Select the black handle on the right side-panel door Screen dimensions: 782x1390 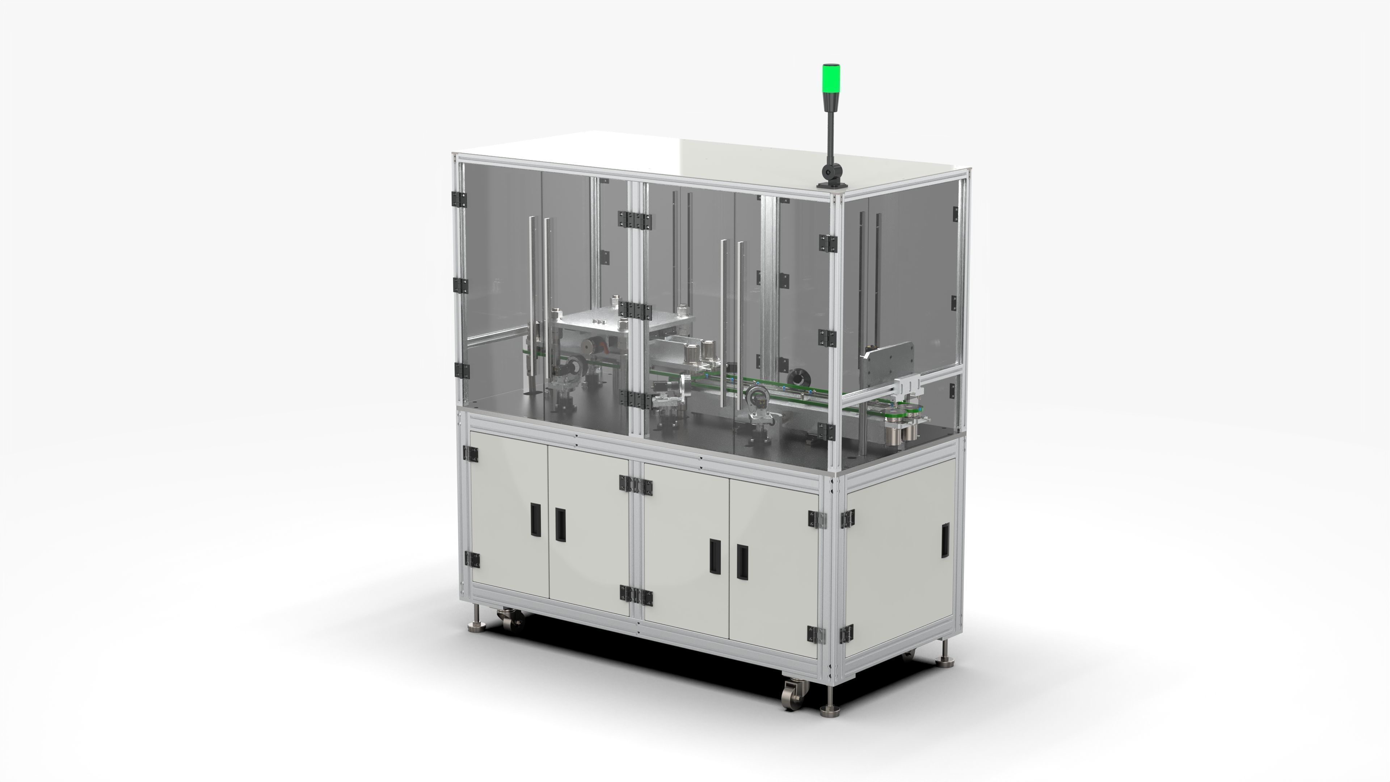[x=945, y=540]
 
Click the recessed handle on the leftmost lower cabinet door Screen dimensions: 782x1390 [x=535, y=520]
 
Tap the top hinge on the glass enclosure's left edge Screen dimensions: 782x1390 [x=459, y=199]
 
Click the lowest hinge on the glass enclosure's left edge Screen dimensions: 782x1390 [x=462, y=370]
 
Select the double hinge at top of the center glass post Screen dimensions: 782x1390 [x=635, y=219]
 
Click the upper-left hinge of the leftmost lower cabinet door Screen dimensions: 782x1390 [x=472, y=454]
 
